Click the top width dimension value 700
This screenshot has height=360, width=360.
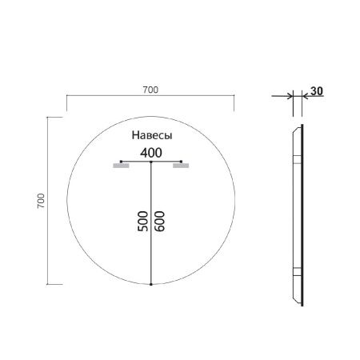click(150, 89)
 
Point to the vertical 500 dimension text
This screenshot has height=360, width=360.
click(142, 222)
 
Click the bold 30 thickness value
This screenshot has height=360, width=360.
click(316, 91)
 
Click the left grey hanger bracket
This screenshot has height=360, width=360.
click(122, 168)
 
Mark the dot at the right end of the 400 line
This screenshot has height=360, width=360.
click(182, 162)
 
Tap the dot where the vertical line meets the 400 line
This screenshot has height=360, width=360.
click(150, 162)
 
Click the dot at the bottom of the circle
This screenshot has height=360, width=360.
click(150, 284)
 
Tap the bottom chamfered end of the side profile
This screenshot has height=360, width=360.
click(301, 300)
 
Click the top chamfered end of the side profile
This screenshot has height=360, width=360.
click(301, 128)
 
